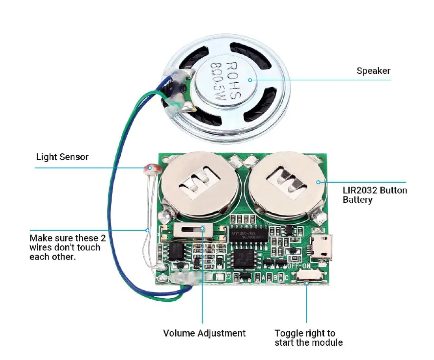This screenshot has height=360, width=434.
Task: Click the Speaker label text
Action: (373, 71)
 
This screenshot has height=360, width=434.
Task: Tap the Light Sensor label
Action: (62, 157)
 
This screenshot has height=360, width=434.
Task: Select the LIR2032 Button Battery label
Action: (374, 195)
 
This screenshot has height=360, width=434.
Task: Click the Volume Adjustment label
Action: (204, 333)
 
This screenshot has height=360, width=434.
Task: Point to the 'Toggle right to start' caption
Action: (308, 337)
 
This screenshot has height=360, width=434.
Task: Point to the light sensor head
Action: (150, 169)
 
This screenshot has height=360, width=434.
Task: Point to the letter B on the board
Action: (273, 277)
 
